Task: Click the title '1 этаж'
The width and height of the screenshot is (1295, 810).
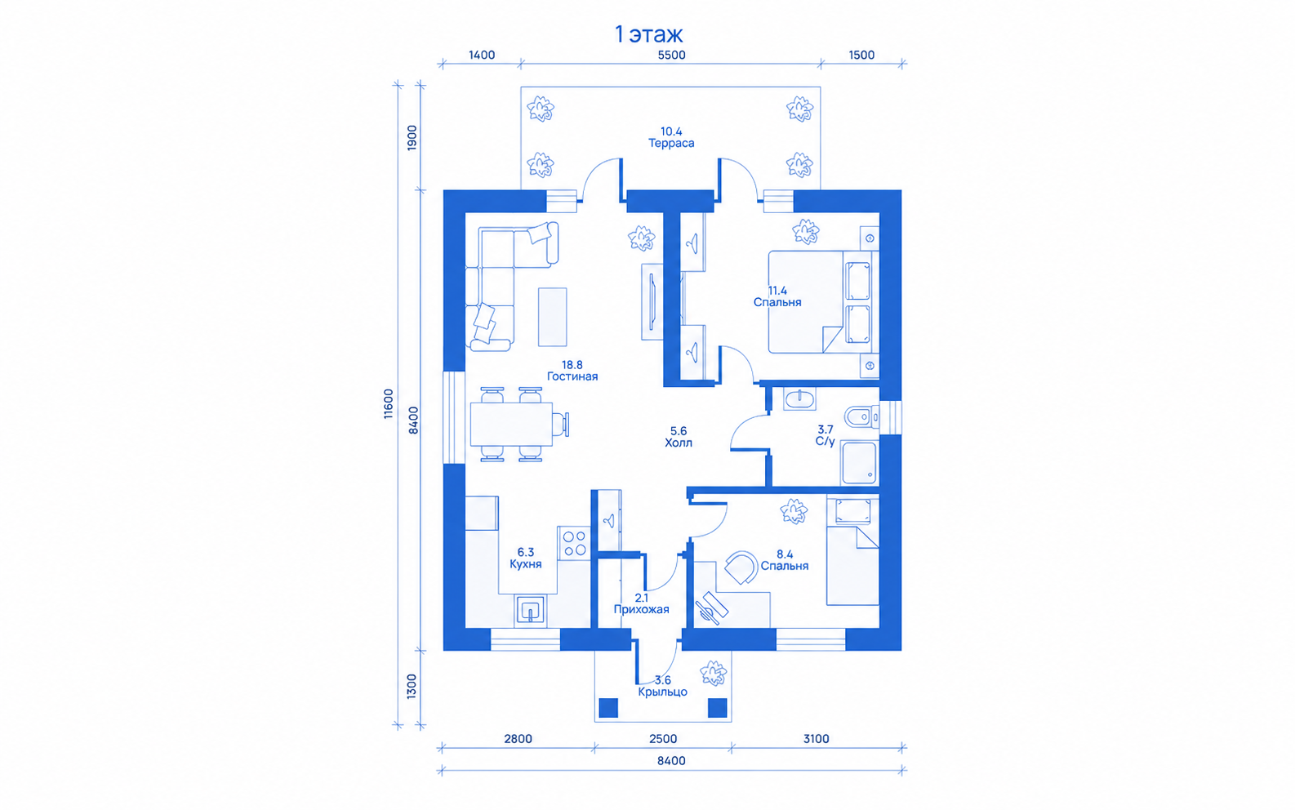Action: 648,34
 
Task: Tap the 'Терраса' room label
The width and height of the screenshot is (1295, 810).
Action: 671,143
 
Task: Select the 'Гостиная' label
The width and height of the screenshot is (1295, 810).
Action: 572,376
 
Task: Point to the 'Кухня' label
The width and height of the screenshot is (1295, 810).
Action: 526,563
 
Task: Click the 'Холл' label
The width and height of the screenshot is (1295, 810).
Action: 679,443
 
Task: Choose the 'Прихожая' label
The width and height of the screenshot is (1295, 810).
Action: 641,609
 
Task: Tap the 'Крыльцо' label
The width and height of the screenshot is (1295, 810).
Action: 662,692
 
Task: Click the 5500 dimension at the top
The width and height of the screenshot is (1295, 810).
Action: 671,55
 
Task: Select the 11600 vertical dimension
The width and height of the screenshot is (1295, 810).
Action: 389,403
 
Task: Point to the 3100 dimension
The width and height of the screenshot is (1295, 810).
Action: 816,738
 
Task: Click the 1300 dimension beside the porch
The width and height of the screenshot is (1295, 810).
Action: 412,686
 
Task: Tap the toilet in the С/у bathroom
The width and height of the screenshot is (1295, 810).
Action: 861,417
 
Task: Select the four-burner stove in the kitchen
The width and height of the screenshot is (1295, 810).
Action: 574,543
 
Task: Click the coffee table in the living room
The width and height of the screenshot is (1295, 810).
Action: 552,317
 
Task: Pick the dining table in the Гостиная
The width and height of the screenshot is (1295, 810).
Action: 511,425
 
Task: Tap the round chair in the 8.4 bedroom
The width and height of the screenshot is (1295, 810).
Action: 741,567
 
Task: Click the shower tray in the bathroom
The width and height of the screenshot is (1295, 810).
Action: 859,462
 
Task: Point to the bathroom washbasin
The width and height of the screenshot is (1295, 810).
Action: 799,398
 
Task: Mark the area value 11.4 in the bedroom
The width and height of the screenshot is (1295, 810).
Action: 777,291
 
